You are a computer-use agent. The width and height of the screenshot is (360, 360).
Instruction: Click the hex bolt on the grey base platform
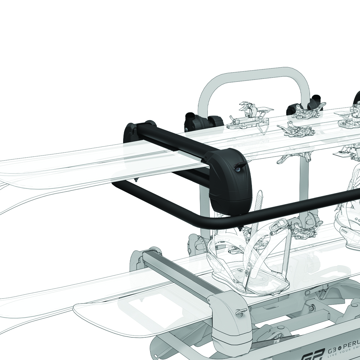312,308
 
